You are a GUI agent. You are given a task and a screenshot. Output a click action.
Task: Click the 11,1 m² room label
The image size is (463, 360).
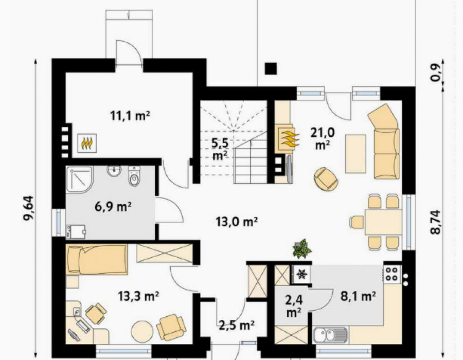click(x=130, y=116)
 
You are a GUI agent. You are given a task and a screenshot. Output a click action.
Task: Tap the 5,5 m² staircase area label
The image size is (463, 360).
click(x=220, y=149)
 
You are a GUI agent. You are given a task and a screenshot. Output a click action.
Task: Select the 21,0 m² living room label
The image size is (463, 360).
click(x=323, y=138)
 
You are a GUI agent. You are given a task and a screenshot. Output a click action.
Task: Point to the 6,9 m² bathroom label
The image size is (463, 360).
click(x=113, y=207)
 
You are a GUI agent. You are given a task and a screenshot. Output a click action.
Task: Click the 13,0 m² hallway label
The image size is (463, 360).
click(x=237, y=222)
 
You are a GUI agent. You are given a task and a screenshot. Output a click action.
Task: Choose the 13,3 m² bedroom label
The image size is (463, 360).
click(x=138, y=296)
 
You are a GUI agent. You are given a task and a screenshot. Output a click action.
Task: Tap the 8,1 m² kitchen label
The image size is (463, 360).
click(x=358, y=296)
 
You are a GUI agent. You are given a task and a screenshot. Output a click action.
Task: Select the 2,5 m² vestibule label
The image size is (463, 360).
click(x=237, y=325)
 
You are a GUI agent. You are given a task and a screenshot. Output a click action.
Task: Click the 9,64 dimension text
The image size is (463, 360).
click(x=29, y=208)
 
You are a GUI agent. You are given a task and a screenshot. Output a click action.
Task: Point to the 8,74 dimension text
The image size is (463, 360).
click(x=436, y=222)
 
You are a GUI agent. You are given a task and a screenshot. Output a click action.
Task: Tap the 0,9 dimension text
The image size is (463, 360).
click(x=436, y=73)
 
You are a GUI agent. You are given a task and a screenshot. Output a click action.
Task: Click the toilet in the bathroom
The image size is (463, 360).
click(x=134, y=176)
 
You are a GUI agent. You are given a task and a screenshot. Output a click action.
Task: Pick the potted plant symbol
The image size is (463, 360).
click(x=302, y=248)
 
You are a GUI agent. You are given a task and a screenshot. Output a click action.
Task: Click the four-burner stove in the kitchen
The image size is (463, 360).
click(x=392, y=274)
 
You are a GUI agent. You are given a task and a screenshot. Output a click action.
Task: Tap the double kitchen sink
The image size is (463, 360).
click(x=330, y=335)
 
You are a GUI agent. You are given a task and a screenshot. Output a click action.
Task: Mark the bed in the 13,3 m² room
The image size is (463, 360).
click(x=97, y=259)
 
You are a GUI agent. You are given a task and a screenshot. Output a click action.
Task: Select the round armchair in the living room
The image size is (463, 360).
click(x=326, y=179)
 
